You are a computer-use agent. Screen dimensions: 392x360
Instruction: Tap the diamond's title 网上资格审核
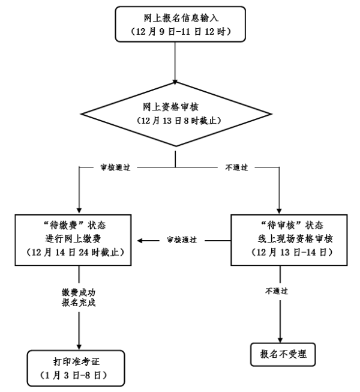pyautogui.click(x=175, y=107)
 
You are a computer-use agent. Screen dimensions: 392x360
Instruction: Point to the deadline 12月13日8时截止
pyautogui.click(x=175, y=121)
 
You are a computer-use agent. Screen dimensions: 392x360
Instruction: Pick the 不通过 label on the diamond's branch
pyautogui.click(x=235, y=167)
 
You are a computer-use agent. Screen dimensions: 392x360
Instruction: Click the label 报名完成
pyautogui.click(x=79, y=303)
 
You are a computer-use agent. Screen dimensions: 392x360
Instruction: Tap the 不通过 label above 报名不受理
pyautogui.click(x=277, y=291)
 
